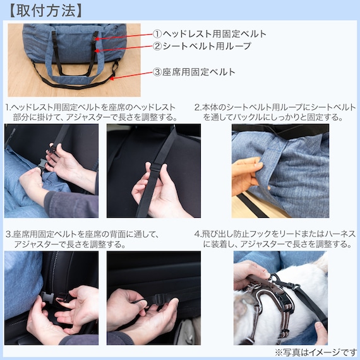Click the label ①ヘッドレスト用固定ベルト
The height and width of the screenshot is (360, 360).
[x=210, y=33]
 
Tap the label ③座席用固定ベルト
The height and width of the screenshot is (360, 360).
[x=195, y=72]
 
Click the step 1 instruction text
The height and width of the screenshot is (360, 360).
[x=92, y=112]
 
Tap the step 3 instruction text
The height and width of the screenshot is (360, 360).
[x=82, y=239]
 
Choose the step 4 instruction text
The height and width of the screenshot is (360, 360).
[x=275, y=239]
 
